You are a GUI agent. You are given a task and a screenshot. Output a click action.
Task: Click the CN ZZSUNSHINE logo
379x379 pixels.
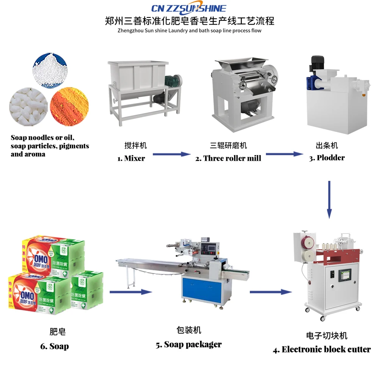click(x=188, y=8)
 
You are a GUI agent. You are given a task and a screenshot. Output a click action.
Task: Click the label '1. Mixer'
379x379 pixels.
click(x=131, y=158)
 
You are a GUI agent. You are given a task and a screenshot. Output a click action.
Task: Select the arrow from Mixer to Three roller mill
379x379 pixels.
click(x=171, y=154)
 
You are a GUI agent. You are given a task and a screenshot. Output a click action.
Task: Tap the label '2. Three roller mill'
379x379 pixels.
click(x=228, y=158)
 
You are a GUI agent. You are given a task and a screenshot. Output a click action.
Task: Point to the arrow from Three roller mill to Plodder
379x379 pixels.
click(x=285, y=154)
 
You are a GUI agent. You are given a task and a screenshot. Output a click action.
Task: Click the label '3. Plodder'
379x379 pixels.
click(x=327, y=158)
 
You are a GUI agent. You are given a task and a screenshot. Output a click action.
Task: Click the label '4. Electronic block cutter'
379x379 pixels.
click(x=322, y=349)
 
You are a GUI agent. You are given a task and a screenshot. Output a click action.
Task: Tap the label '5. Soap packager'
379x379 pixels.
click(x=189, y=345)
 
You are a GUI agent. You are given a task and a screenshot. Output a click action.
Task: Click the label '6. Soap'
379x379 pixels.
click(x=55, y=346)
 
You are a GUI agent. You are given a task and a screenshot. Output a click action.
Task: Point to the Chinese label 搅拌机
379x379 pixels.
click(x=135, y=146)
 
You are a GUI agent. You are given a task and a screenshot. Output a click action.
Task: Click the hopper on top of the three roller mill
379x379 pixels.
click(x=239, y=60)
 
